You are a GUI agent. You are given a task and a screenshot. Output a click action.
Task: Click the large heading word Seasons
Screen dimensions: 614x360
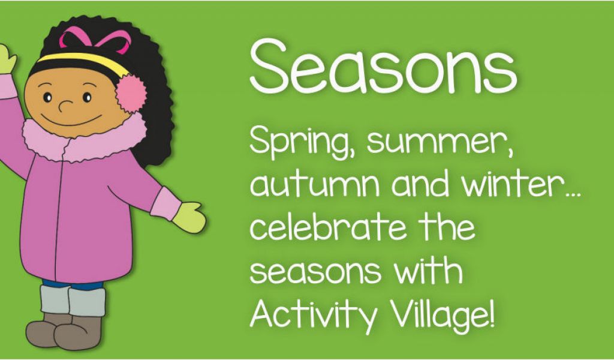tap(383, 66)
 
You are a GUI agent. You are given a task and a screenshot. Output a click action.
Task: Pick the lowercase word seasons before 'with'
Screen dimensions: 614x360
tap(315, 271)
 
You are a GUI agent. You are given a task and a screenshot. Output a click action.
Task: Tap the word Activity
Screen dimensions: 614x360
tap(313, 316)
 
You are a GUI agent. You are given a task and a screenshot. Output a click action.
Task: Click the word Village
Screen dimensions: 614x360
tap(443, 316)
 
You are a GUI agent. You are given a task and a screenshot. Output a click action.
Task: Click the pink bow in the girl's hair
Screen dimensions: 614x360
tap(95, 40)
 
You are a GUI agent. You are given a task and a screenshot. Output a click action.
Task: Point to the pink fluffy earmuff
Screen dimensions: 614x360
tap(131, 94)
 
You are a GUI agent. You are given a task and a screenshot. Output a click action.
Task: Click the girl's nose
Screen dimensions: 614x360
tap(65, 106)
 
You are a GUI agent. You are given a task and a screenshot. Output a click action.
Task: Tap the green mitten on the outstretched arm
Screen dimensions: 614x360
tap(189, 217)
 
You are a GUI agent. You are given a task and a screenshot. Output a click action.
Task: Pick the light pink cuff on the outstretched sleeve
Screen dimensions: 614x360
tap(165, 203)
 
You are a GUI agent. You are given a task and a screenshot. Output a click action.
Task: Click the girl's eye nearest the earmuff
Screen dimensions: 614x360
tap(87, 97)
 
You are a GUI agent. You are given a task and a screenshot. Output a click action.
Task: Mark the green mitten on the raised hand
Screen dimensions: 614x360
tap(7, 59)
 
